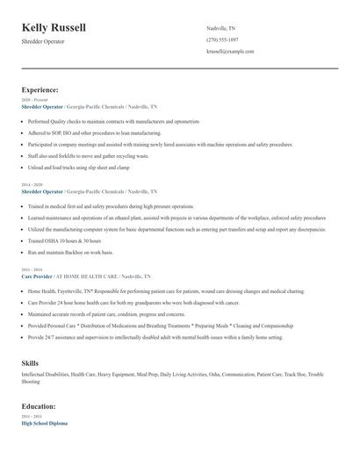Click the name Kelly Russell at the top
tap(54, 28)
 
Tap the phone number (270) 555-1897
tap(222, 39)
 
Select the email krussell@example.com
tap(230, 52)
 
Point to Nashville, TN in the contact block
tap(221, 28)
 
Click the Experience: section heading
tap(40, 89)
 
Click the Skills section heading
tap(30, 362)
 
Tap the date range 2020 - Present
tap(35, 100)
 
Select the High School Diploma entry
tap(45, 423)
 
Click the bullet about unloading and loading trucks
tap(84, 167)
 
